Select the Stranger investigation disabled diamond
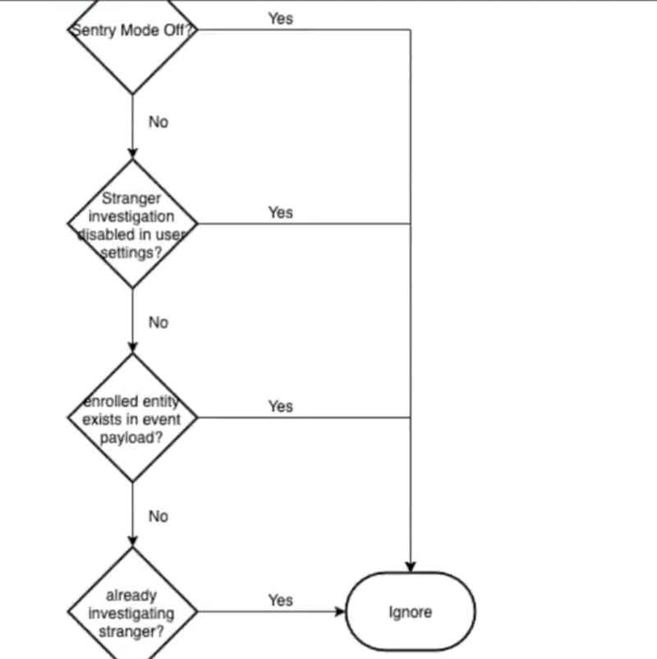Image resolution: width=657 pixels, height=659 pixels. (x=132, y=224)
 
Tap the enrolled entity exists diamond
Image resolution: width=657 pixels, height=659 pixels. (x=132, y=418)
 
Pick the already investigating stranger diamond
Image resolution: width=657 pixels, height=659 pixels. (x=132, y=612)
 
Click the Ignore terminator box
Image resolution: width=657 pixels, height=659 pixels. (x=410, y=612)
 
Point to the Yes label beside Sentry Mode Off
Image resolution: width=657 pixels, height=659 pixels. (x=280, y=18)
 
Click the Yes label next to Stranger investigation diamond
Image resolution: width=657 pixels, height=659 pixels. (x=280, y=212)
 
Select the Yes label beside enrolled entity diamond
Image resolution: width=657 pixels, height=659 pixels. (x=280, y=406)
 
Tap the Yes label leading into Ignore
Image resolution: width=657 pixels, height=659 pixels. (x=280, y=600)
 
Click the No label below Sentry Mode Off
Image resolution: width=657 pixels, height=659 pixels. (x=158, y=122)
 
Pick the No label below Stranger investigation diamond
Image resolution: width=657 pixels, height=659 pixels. (x=158, y=322)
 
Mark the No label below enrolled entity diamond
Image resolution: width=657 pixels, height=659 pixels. (x=158, y=516)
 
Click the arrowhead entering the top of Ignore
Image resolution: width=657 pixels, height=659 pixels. (x=410, y=566)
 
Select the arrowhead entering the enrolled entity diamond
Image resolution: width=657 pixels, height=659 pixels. (x=132, y=348)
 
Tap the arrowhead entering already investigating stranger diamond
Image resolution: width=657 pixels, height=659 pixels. (x=132, y=541)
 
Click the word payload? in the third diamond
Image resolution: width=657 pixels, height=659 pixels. (x=131, y=436)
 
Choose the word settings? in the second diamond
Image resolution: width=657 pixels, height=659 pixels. (x=131, y=253)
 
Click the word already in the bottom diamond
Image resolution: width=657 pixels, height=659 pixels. (x=131, y=595)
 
